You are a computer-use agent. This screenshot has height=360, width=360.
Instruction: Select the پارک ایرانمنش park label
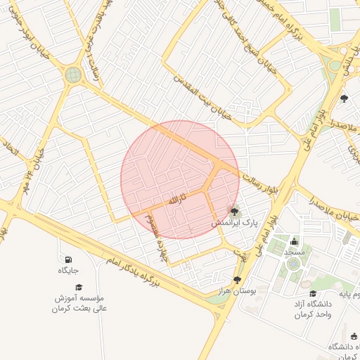(x=236, y=222)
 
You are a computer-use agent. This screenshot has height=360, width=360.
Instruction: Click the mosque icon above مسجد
(x=294, y=241)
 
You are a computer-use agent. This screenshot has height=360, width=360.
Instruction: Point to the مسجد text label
(x=295, y=252)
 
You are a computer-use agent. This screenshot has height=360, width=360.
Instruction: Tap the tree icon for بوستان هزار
(x=236, y=279)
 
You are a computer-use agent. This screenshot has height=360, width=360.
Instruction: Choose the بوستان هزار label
(x=236, y=290)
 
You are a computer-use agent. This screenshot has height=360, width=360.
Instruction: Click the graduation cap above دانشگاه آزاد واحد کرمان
(x=313, y=293)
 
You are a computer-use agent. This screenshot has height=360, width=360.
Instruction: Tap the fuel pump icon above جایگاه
(x=68, y=259)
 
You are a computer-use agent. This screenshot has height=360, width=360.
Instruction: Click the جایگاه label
(x=68, y=270)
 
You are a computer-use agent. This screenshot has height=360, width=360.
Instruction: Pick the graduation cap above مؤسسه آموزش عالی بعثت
(x=79, y=287)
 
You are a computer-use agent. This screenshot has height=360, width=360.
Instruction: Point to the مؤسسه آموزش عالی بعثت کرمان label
(x=79, y=302)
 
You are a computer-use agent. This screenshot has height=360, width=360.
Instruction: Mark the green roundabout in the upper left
(x=73, y=74)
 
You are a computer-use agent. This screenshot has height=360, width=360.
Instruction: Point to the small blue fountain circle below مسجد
(x=293, y=264)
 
